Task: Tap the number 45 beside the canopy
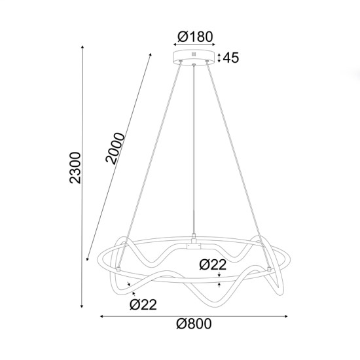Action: tap(230, 58)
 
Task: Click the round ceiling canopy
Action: tap(193, 58)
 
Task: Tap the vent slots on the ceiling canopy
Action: tap(193, 54)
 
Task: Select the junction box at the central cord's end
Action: tap(194, 245)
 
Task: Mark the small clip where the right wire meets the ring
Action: tap(270, 269)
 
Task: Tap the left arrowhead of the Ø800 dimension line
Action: tap(102, 317)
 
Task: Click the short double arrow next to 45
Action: tap(219, 58)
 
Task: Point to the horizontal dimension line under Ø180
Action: tap(193, 45)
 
